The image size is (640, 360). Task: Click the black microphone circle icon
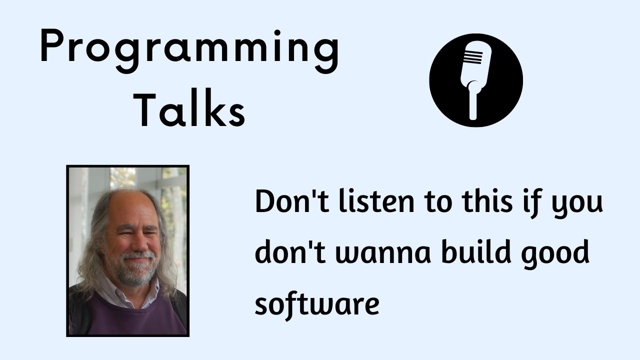(x=476, y=80)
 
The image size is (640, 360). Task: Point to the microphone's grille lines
(x=473, y=57)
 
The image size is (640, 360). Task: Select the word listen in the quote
(x=376, y=201)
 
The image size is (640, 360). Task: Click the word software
(x=317, y=304)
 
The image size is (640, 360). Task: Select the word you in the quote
(x=577, y=205)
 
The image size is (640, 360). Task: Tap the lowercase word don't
(x=290, y=251)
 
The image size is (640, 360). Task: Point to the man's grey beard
(x=135, y=268)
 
